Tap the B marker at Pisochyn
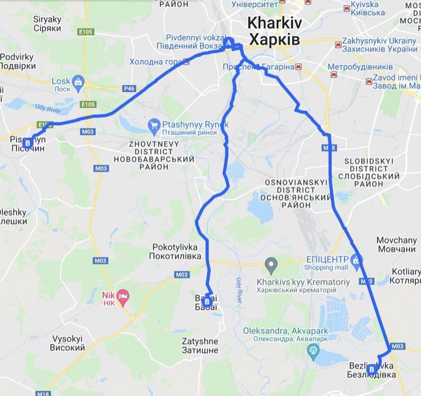point(27,142)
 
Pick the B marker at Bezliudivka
point(372,370)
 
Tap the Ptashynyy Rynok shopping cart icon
point(153,125)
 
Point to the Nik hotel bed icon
point(123,295)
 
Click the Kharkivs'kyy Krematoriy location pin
point(272,265)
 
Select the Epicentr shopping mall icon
point(356,261)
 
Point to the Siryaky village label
point(47,23)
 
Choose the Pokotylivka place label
point(177,252)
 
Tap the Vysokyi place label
point(68,343)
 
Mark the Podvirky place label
point(18,61)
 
